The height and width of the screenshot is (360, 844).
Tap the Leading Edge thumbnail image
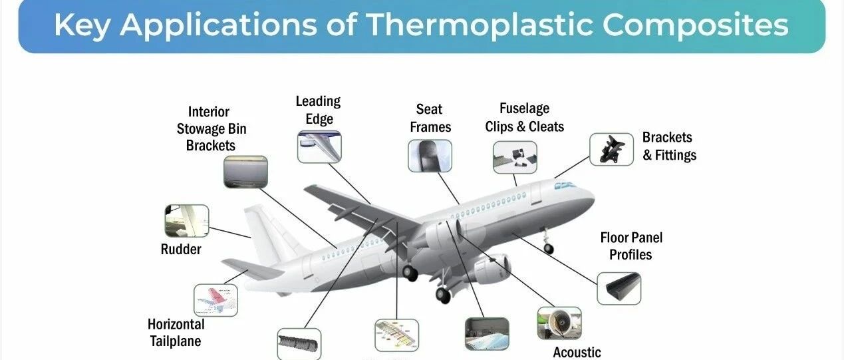[x=319, y=146]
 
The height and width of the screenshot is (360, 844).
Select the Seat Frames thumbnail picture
[x=430, y=156]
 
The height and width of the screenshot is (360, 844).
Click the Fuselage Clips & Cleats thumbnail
[x=515, y=157]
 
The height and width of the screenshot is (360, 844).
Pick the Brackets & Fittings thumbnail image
[x=611, y=149]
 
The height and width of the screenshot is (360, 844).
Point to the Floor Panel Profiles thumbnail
[x=619, y=288]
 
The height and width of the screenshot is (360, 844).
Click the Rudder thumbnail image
[x=187, y=221]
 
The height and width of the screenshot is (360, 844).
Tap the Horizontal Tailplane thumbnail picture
[x=215, y=300]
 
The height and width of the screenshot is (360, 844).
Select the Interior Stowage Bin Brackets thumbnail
[x=245, y=172]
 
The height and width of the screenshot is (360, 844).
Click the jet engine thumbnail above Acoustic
[x=559, y=323]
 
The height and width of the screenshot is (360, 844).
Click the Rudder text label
[x=181, y=249]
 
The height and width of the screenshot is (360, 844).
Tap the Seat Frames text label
[x=430, y=118]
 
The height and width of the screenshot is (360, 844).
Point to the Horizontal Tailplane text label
[x=176, y=333]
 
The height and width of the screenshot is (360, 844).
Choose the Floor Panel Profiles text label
[x=631, y=246]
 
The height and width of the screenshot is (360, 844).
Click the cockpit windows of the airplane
[x=565, y=186]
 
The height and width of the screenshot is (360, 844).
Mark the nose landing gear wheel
[x=549, y=249]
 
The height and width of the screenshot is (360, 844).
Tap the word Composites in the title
[x=696, y=25]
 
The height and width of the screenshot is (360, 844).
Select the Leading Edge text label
[x=319, y=110]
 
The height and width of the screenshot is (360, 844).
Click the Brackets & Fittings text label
[x=669, y=146]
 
